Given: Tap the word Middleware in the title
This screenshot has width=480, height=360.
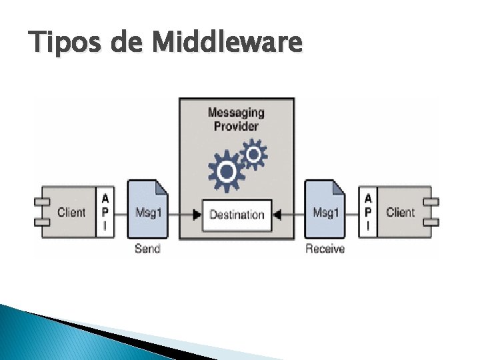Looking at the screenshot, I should pyautogui.click(x=227, y=42).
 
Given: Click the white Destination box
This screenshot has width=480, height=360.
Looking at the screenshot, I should pyautogui.click(x=237, y=215).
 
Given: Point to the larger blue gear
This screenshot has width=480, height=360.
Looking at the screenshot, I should pyautogui.click(x=227, y=171).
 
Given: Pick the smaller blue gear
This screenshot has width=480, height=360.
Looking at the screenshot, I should pyautogui.click(x=253, y=155).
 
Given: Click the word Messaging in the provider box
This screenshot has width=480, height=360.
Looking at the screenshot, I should pyautogui.click(x=236, y=113).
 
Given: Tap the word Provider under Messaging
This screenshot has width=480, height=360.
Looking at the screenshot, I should pyautogui.click(x=236, y=126).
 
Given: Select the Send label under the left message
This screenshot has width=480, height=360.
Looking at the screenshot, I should pyautogui.click(x=147, y=249).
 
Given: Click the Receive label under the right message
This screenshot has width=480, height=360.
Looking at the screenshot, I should pyautogui.click(x=325, y=249).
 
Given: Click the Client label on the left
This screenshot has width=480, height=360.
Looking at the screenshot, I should pyautogui.click(x=71, y=213).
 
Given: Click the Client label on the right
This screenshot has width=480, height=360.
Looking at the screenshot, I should pyautogui.click(x=400, y=213).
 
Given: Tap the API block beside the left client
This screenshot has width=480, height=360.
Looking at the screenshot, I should pyautogui.click(x=104, y=213).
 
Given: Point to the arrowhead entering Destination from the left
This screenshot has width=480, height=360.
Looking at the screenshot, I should pyautogui.click(x=197, y=215).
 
